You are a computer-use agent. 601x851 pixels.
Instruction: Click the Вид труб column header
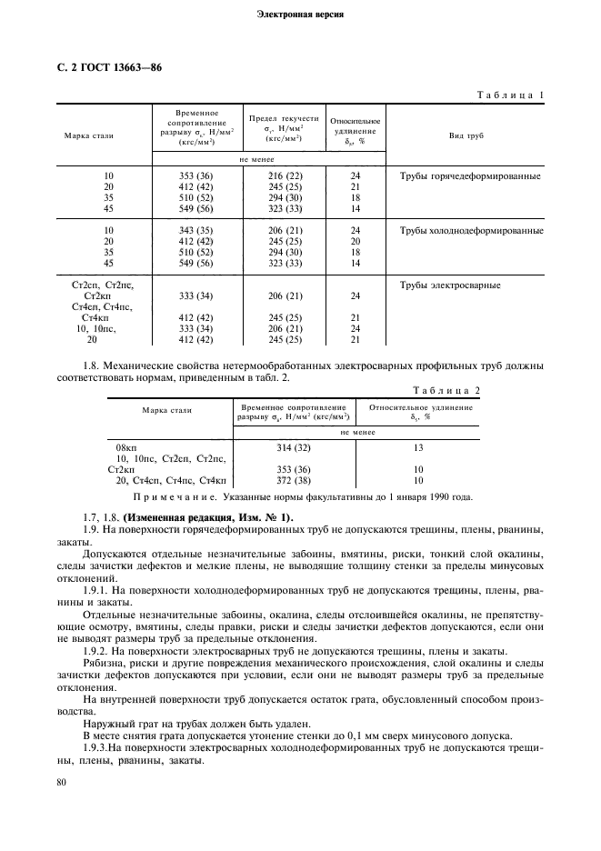click(x=468, y=135)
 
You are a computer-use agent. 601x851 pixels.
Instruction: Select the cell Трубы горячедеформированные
click(x=471, y=176)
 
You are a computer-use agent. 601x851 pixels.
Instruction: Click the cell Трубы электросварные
click(x=451, y=285)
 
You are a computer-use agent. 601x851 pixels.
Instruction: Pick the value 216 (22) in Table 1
click(x=284, y=176)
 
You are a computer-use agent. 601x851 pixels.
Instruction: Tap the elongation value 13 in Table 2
click(x=419, y=448)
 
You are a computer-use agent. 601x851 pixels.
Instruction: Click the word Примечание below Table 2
click(x=172, y=497)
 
